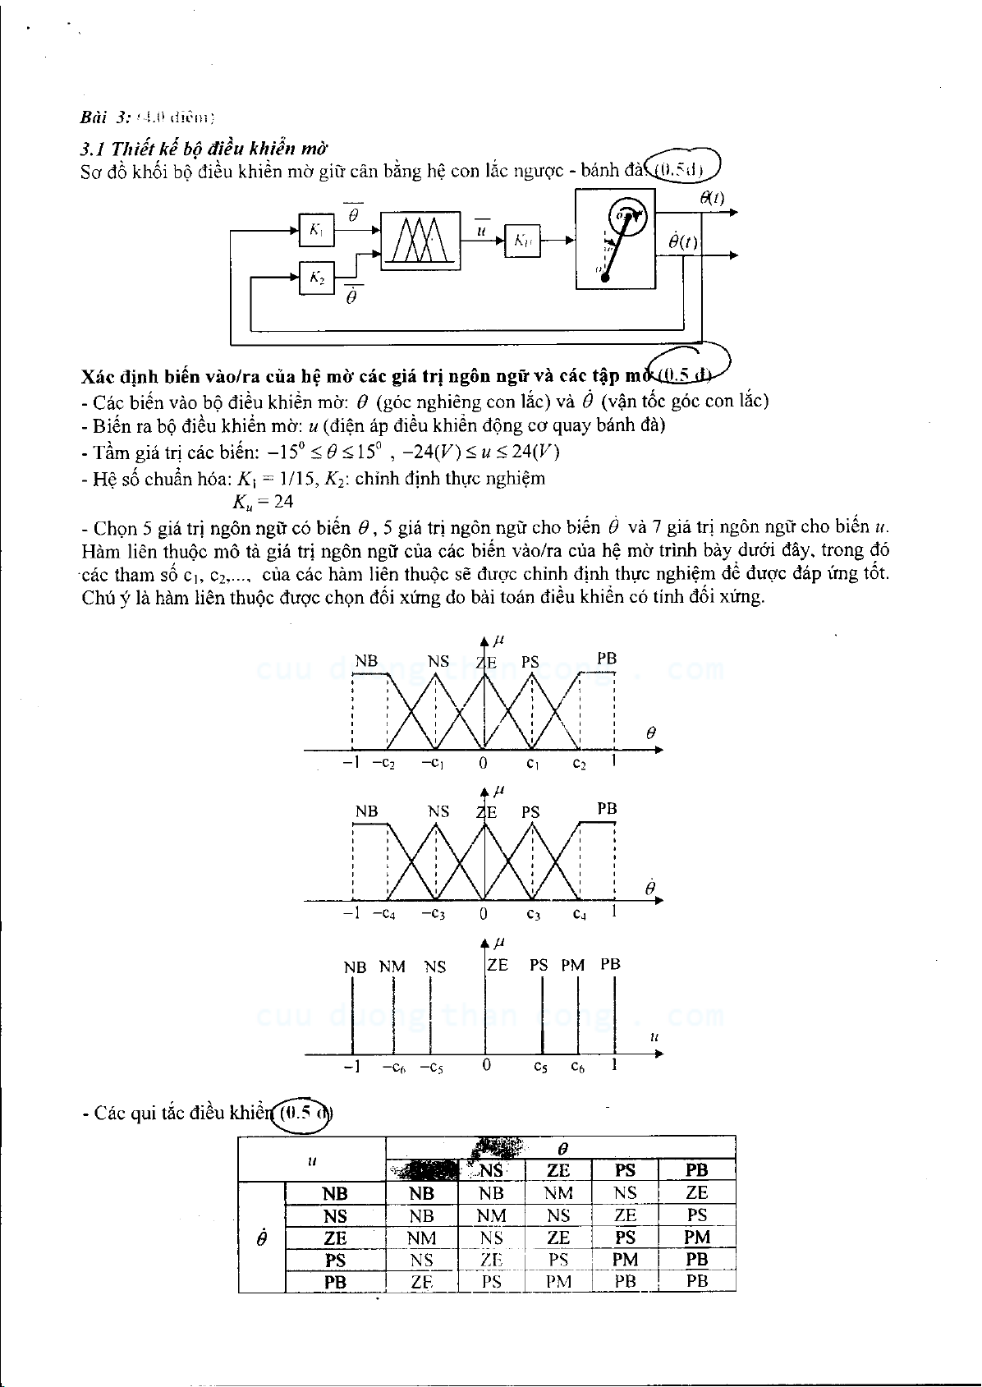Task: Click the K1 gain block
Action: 316,231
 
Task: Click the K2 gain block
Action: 316,279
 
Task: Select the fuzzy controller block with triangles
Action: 421,239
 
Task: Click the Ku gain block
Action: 523,241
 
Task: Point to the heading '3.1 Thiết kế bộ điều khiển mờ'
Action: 204,149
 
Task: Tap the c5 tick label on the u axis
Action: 540,1067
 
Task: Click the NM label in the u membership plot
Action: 392,967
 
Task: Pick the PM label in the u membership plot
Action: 573,965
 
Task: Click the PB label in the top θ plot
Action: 607,658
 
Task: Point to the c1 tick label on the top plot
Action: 533,764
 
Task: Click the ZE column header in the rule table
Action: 558,1170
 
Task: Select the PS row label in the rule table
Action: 335,1260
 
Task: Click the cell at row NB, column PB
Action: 697,1193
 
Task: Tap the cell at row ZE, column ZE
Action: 558,1238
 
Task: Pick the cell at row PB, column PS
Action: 625,1282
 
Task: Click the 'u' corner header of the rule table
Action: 312,1160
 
